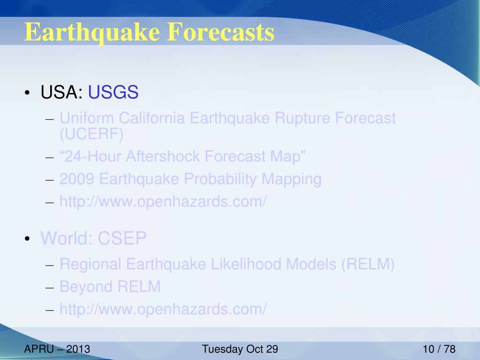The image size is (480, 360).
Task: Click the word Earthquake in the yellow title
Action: tap(92, 32)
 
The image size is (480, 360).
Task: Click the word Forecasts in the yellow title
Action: tap(221, 31)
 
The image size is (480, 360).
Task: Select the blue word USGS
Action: tap(113, 92)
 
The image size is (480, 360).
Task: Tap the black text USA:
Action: tap(61, 92)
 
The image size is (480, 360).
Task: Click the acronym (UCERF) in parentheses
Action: tap(91, 134)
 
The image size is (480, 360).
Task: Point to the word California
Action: tap(152, 118)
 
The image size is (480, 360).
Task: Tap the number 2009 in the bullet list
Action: tap(76, 179)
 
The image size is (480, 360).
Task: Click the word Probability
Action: tap(220, 179)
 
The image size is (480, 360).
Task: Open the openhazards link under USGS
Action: tap(163, 202)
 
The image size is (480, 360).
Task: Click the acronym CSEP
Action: tap(122, 238)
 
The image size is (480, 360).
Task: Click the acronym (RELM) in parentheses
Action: tap(368, 264)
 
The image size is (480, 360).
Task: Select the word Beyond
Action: tap(86, 287)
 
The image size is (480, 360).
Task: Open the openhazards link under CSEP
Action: tap(163, 309)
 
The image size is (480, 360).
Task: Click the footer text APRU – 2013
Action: tap(57, 349)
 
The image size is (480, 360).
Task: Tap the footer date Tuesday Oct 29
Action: tap(240, 349)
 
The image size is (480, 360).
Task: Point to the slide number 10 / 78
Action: tap(439, 349)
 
